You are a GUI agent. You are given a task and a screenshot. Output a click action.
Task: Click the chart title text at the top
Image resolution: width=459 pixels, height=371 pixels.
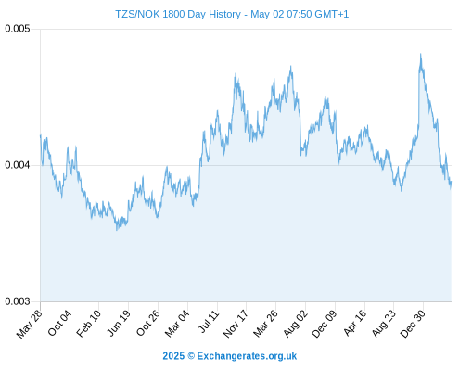(232, 14)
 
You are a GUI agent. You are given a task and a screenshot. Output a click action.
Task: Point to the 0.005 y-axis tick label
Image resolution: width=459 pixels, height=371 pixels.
(18, 29)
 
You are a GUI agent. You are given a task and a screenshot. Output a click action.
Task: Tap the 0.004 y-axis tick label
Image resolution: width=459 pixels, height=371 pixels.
(18, 165)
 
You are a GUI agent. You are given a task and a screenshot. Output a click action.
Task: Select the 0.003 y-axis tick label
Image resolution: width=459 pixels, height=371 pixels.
(18, 301)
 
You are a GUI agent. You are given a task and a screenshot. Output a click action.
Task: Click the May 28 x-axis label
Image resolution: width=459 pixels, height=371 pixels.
(30, 324)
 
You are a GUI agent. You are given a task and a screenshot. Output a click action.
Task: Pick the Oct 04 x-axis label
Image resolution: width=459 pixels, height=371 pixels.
(59, 323)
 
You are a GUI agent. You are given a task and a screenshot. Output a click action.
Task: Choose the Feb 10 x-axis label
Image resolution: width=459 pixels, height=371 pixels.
(89, 323)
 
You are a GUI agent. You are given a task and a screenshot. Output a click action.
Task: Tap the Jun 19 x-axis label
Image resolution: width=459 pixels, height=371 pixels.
(119, 323)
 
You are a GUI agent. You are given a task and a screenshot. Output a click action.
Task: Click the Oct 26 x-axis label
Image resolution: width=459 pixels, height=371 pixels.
(148, 323)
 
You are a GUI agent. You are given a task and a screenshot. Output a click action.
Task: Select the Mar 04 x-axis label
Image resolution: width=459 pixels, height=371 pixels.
(177, 323)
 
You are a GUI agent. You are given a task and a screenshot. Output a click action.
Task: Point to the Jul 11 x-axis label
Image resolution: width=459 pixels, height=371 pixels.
(209, 322)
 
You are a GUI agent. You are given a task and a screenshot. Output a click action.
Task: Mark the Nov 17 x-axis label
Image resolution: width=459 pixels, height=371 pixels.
(236, 324)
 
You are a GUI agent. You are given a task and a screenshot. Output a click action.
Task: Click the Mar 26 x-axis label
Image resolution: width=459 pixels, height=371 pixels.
(265, 324)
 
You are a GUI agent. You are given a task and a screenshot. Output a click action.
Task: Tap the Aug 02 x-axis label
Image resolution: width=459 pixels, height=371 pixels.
(296, 324)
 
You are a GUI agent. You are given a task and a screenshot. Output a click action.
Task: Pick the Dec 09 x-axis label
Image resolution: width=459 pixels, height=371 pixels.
(325, 324)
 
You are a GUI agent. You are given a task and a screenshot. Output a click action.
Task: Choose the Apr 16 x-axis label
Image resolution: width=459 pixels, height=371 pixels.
(354, 323)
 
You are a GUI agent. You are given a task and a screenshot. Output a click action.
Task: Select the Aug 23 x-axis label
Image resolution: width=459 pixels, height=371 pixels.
(383, 324)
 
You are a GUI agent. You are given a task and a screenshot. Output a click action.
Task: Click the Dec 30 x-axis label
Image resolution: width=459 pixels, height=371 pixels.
(413, 324)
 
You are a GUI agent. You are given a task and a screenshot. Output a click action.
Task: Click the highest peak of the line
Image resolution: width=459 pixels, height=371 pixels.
(420, 54)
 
